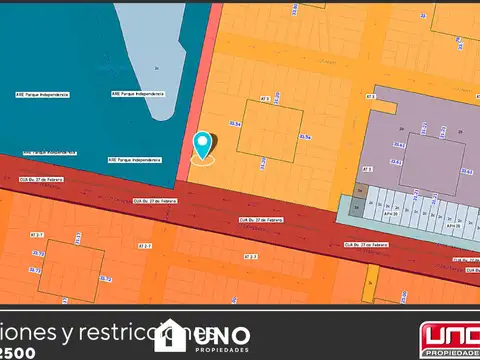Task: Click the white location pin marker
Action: coord(203,146)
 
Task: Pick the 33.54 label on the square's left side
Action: coord(235,123)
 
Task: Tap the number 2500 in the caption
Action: coord(21,353)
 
